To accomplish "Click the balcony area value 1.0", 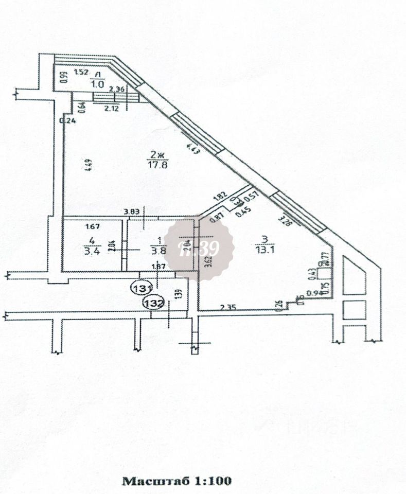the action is click(x=97, y=83).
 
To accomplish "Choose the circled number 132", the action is click(x=154, y=302).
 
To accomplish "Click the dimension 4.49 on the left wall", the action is click(x=88, y=166).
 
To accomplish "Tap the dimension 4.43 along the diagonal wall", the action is click(x=193, y=149).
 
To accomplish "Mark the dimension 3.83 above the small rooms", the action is click(x=132, y=210).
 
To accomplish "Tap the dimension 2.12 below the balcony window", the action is click(x=112, y=109).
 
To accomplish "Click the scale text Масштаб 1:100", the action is click(x=176, y=481).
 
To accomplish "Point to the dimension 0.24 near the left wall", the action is click(x=67, y=121).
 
